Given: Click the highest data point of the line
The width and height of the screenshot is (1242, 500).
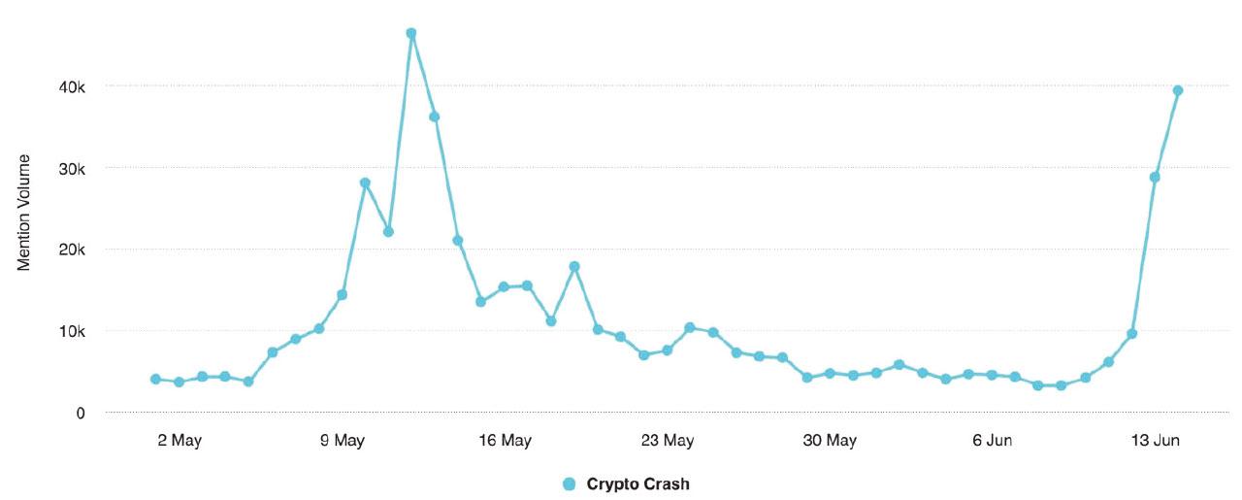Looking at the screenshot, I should [x=411, y=33].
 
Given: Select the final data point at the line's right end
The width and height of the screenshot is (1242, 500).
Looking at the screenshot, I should [x=1178, y=90].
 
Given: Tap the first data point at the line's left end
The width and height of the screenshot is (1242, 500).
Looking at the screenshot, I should [x=155, y=379].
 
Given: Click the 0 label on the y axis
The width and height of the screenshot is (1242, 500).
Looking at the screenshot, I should [x=81, y=413].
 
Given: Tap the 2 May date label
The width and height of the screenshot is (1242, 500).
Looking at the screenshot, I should [x=179, y=441].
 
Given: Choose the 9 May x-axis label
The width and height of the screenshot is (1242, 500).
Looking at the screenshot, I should [x=342, y=441].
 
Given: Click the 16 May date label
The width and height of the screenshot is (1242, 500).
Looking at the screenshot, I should [x=505, y=441].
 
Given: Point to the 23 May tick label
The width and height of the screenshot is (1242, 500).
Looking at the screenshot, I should [x=668, y=441].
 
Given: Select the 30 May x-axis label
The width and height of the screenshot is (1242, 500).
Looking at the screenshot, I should [x=830, y=441].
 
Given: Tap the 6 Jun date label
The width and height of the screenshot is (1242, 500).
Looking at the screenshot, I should [x=992, y=441].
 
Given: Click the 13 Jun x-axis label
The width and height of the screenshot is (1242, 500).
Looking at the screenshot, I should [x=1155, y=441].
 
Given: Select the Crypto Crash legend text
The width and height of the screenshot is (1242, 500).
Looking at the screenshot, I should [x=637, y=483].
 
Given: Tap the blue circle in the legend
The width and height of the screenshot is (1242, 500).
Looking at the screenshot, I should [x=570, y=483].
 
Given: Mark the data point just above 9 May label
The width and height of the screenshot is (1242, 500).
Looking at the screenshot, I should [x=342, y=294].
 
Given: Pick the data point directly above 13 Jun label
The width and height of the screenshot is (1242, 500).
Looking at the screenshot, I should [x=1155, y=177].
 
